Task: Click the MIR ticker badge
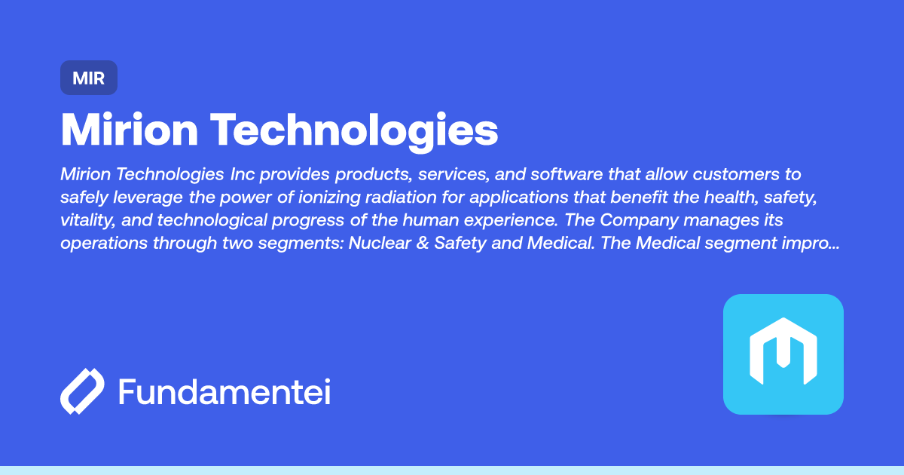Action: (89, 78)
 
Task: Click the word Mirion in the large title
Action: (128, 130)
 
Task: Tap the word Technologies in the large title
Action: (353, 130)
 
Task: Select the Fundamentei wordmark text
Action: (224, 392)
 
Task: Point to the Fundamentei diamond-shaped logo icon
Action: (81, 391)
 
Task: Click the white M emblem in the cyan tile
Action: (783, 354)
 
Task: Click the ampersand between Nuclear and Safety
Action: (421, 244)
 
